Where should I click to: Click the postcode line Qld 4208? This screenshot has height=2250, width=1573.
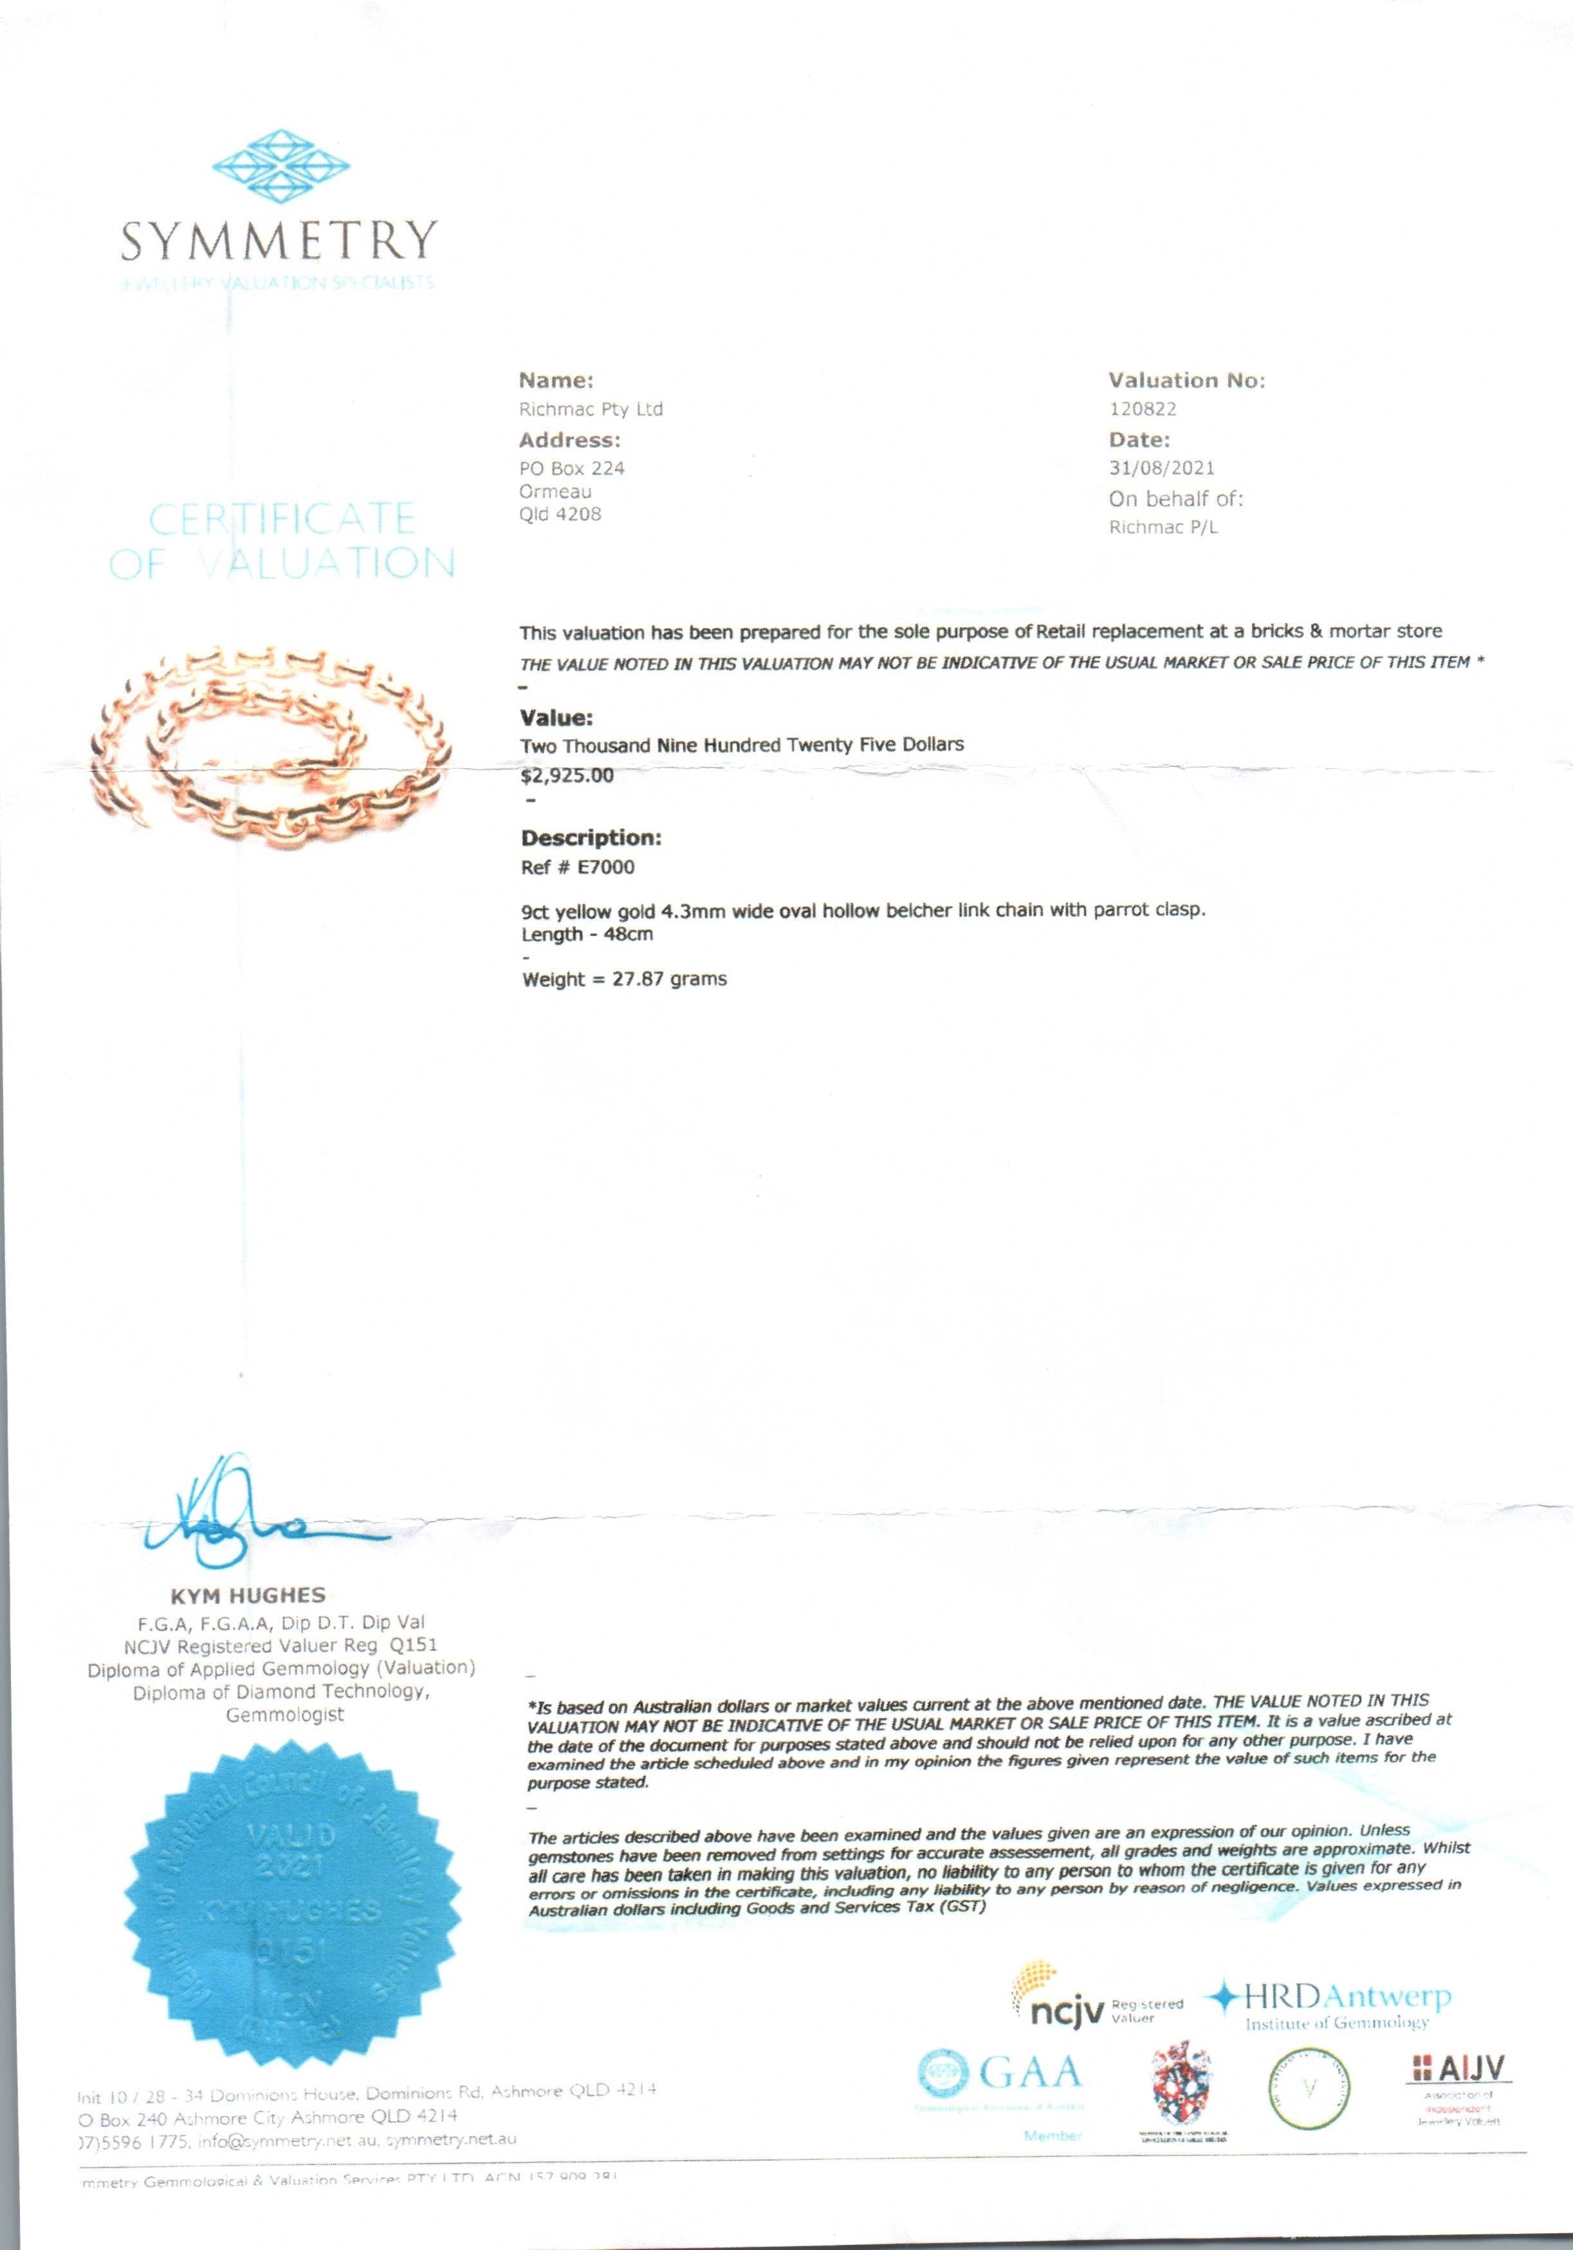(560, 515)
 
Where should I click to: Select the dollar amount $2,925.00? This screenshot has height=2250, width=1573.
(567, 776)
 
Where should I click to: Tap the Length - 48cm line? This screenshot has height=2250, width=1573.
(587, 935)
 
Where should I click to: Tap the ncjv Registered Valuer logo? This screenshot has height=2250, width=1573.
(1096, 2008)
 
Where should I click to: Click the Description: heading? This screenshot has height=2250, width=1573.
(591, 838)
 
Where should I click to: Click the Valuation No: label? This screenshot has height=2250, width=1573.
(1186, 380)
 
